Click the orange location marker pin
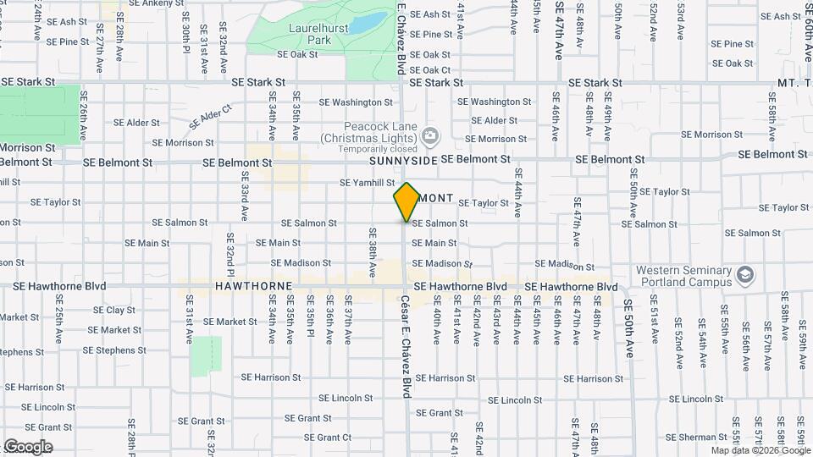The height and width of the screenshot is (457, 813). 406,201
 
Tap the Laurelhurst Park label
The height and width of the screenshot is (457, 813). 308,34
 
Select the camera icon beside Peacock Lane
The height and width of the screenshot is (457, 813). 430,135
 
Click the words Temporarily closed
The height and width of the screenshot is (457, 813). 368,149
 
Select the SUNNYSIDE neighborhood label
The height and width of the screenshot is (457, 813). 402,160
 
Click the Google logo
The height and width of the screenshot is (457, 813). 27,446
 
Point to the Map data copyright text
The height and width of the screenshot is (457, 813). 760,450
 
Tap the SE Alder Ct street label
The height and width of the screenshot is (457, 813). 209,117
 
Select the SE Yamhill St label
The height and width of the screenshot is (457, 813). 368,182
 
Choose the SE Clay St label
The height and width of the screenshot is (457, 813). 114,311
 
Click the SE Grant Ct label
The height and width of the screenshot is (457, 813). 328,438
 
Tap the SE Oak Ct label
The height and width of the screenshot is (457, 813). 430,70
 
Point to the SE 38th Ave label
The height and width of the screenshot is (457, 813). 372,252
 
